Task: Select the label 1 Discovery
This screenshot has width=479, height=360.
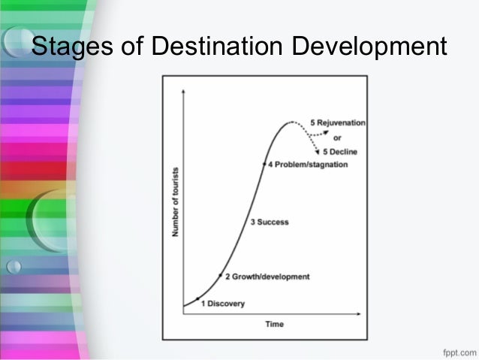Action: click(222, 303)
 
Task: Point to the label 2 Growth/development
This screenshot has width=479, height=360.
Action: click(267, 277)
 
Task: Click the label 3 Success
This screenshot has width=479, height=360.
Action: click(269, 222)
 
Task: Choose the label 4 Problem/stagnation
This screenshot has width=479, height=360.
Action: click(308, 165)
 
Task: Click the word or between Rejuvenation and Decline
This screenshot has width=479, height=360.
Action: click(337, 137)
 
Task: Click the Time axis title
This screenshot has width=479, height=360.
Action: click(273, 325)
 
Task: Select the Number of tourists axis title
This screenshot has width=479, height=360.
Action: click(175, 201)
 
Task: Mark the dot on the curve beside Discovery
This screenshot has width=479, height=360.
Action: click(197, 299)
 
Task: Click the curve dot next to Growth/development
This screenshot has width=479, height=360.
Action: click(220, 276)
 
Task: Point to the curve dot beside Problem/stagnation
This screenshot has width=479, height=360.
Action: click(264, 163)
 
